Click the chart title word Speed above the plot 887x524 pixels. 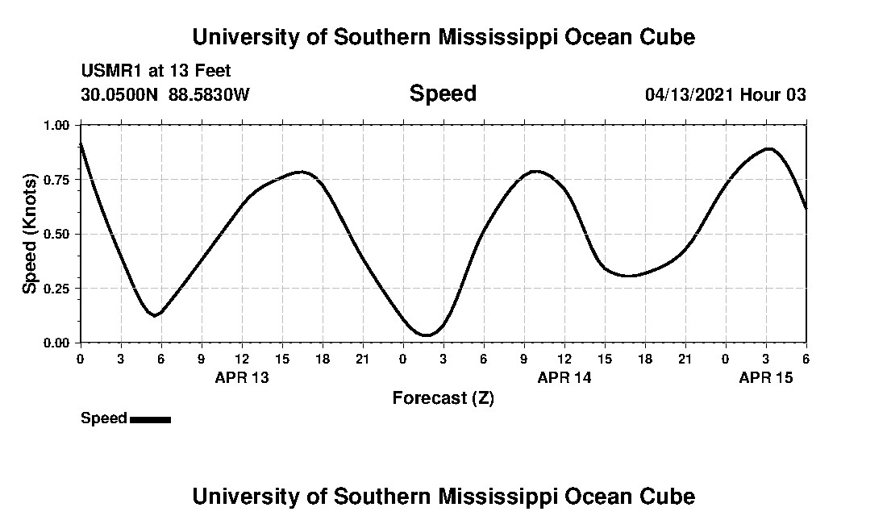tap(443, 94)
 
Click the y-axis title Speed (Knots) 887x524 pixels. tap(30, 233)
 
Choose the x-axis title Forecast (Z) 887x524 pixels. tap(443, 397)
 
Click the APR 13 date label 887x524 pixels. tap(242, 377)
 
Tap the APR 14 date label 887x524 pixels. tap(564, 377)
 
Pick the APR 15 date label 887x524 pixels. tap(766, 377)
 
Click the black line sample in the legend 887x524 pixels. tap(150, 419)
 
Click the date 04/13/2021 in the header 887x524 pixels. tap(689, 95)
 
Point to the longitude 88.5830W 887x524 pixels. tap(209, 95)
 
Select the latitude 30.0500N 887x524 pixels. tap(120, 95)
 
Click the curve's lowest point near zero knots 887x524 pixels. tap(427, 335)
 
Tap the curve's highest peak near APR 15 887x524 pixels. tap(768, 149)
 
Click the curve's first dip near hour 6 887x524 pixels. tap(155, 314)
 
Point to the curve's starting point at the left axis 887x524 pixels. tap(81, 143)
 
